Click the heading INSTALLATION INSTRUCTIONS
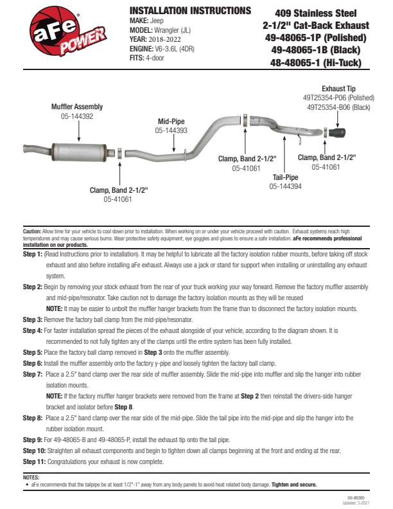190,11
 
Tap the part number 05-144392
77,116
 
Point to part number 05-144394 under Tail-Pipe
285,186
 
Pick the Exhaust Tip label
339,89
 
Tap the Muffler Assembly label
77,107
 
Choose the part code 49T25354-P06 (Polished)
338,98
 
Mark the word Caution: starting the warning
32,230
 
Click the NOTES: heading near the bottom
31,478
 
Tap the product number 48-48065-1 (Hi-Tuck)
316,62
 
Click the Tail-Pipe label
285,177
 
